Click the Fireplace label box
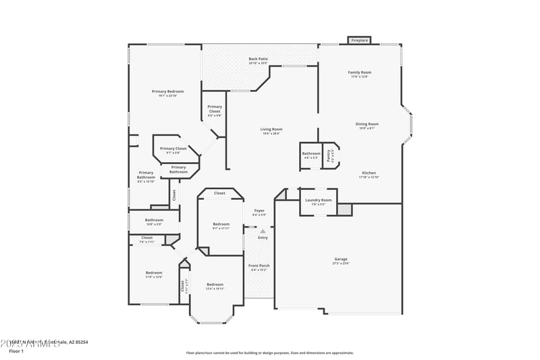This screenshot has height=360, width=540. tap(359, 41)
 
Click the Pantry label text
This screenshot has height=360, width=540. tap(329, 155)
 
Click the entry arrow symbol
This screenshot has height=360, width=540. tap(263, 231)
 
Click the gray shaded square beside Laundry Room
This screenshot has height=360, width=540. tap(345, 210)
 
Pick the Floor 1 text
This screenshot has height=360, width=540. tap(16, 351)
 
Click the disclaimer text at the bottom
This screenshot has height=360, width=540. tap(269, 353)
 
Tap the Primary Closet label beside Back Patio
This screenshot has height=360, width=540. tap(215, 109)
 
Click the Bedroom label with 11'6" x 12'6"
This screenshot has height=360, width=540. tap(153, 274)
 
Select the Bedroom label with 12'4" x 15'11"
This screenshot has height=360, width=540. tap(215, 286)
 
